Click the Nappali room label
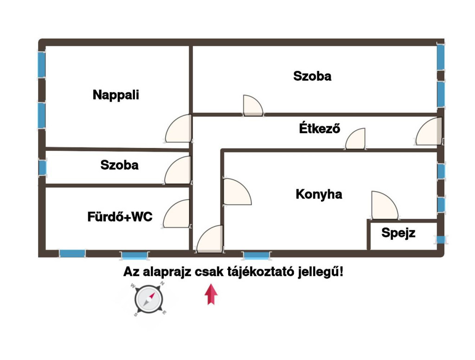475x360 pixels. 116,95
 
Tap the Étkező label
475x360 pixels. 319,128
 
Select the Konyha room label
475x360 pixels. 319,194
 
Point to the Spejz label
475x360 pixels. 398,233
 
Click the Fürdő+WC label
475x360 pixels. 120,217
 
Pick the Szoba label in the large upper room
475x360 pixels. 312,76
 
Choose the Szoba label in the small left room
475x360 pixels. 119,165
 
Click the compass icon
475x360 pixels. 148,299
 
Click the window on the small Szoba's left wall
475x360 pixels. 42,167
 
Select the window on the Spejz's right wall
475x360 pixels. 441,240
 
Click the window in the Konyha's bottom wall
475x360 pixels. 257,255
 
